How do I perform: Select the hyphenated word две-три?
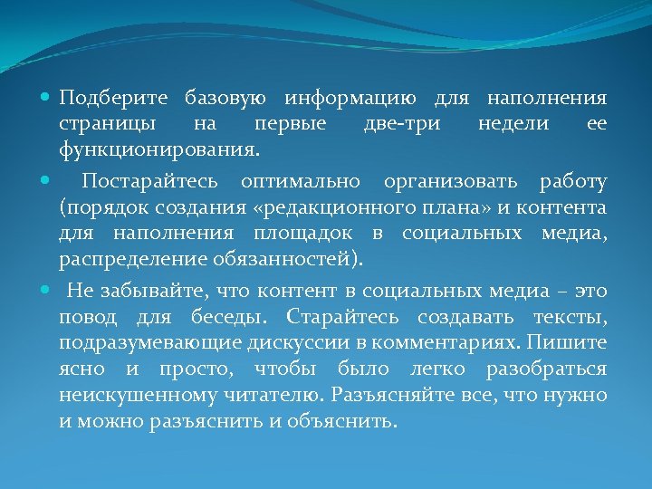click(403, 122)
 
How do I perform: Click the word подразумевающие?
click(136, 343)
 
